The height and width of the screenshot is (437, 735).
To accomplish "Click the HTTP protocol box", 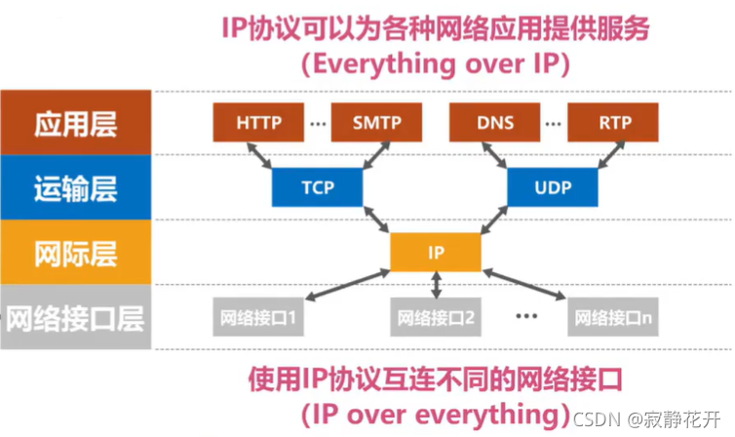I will coord(257,125).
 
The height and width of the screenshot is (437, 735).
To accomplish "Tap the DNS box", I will coord(495,125).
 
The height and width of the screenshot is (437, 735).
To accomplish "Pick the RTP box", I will coord(612,125).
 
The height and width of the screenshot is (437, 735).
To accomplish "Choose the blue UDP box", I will coord(552,187).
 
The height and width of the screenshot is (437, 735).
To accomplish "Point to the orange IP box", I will coord(435,252).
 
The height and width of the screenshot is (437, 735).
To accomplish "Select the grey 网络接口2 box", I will coord(436,317).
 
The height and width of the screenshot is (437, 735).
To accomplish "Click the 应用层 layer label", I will coord(76,125).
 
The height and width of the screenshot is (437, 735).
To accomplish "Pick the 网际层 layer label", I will coord(76,253).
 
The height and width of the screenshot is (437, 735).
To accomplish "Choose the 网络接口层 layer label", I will coord(76,317).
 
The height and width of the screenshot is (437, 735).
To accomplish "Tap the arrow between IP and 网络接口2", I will coord(436,285).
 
